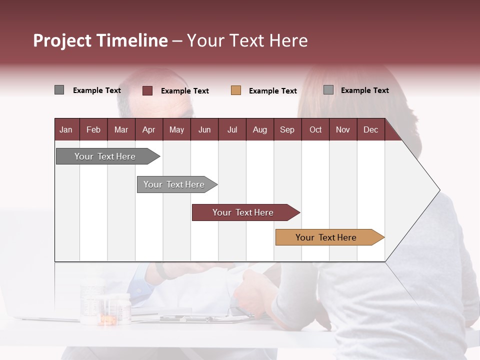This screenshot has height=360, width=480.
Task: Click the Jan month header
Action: (66, 130)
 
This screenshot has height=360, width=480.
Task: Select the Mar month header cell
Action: (121, 130)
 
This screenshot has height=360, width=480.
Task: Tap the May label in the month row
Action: (176, 130)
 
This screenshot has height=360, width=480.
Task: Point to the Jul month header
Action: (232, 130)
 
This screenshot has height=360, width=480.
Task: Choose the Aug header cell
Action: (259, 130)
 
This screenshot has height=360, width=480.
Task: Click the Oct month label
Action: (315, 130)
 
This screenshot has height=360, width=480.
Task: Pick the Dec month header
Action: (370, 130)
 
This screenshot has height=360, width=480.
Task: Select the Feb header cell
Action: (93, 130)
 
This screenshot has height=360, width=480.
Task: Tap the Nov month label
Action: (342, 130)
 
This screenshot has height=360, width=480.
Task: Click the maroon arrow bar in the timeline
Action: (243, 212)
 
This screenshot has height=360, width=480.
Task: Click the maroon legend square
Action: (147, 90)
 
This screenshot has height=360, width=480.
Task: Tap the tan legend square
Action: (236, 90)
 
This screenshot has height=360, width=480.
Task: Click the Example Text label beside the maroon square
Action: (185, 91)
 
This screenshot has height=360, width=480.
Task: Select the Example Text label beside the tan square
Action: (273, 91)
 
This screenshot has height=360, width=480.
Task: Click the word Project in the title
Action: (62, 40)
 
